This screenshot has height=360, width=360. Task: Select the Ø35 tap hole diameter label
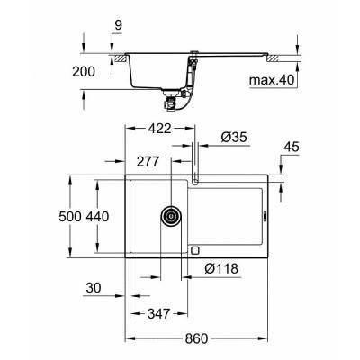point(231,138)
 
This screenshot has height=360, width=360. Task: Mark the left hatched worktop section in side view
point(117,57)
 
